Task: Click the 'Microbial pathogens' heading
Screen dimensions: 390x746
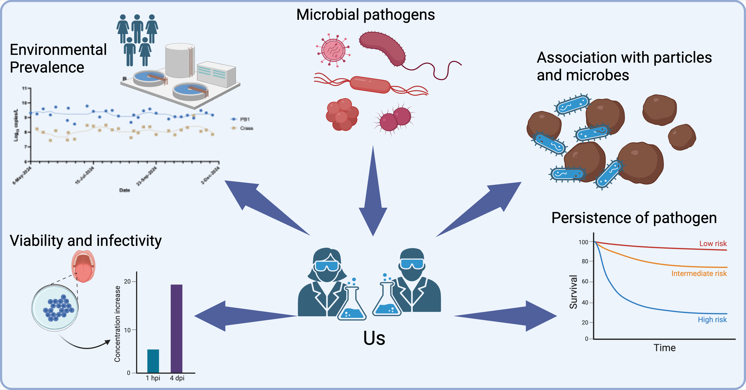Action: tap(366, 15)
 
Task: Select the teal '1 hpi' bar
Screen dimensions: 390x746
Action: tap(153, 361)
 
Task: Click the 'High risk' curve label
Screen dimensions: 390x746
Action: tap(712, 320)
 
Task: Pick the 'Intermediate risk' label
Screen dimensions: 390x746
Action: tap(699, 273)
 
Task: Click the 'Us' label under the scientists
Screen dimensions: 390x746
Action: tap(374, 338)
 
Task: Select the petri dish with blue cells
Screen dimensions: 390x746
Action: tap(55, 308)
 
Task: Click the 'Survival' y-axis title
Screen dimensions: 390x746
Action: tap(573, 292)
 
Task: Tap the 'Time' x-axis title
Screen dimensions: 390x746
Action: tap(664, 348)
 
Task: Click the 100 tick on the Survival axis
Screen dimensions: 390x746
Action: tap(583, 242)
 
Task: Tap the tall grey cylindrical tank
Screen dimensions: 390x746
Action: tap(180, 61)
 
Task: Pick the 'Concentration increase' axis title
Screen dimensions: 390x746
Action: tap(117, 324)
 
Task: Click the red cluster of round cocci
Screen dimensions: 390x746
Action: tap(342, 114)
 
